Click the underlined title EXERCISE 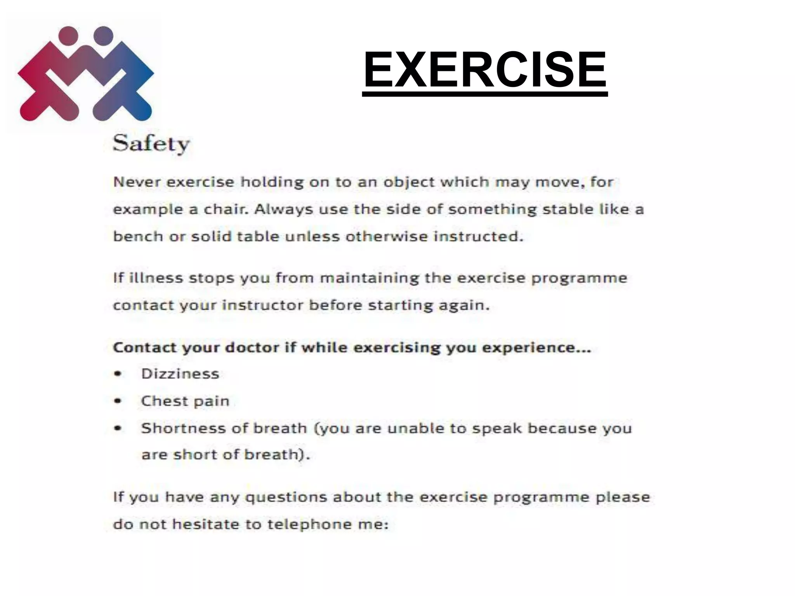click(484, 70)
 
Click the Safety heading click(151, 144)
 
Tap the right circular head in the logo click(104, 36)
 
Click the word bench click(138, 236)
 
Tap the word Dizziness click(180, 374)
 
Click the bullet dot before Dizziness click(118, 374)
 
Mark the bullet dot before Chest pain click(118, 401)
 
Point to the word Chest click(164, 401)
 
